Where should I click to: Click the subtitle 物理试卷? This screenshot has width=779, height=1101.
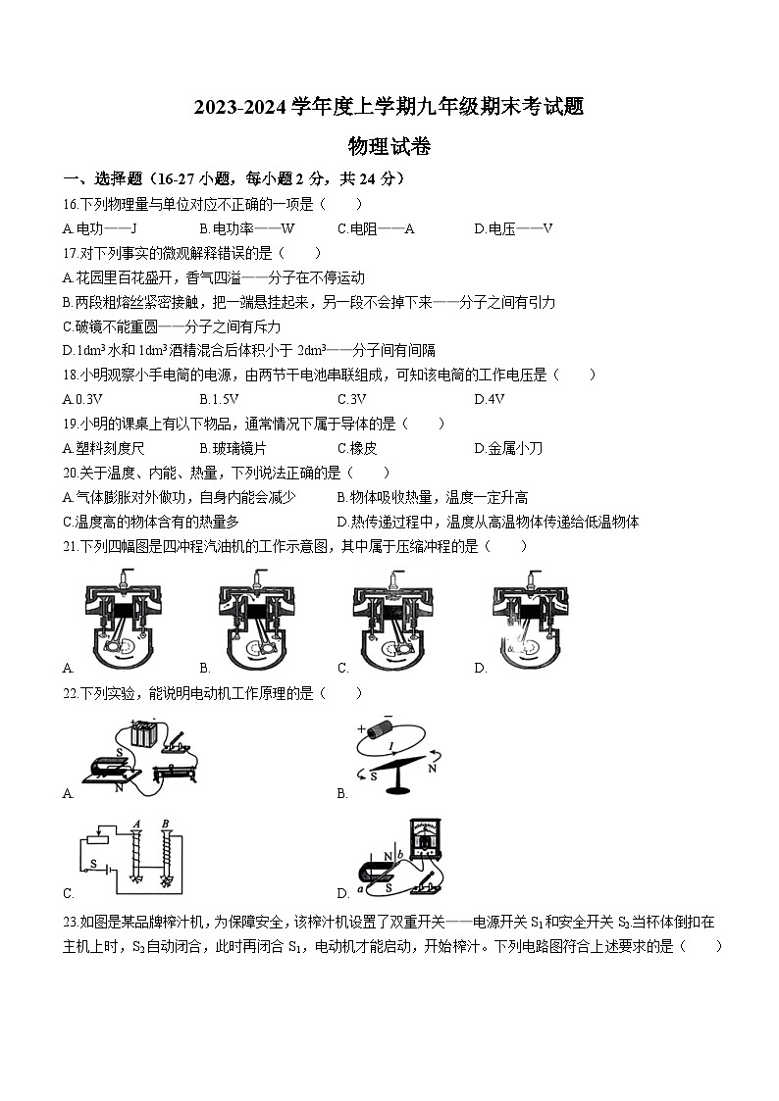tap(389, 147)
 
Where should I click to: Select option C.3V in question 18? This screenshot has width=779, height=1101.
tap(351, 399)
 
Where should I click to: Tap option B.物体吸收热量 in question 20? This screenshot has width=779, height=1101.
tap(438, 497)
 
